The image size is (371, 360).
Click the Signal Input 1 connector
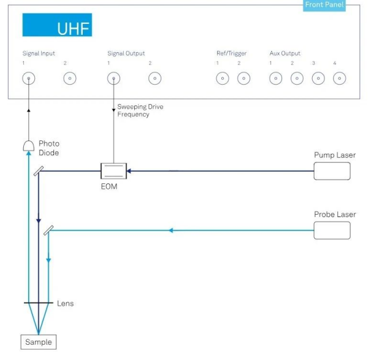click(28, 79)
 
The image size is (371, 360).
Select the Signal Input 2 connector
click(70, 79)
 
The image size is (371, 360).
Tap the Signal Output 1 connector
click(113, 79)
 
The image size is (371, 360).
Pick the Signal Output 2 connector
click(155, 79)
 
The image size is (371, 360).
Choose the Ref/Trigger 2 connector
click(243, 79)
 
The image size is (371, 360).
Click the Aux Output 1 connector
click(276, 79)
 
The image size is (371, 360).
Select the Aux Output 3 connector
click(318, 79)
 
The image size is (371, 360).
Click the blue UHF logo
click(57, 25)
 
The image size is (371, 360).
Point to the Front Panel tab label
click(324, 5)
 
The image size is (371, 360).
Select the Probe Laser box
click(332, 230)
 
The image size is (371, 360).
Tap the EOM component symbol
click(113, 170)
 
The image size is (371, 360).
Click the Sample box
click(38, 342)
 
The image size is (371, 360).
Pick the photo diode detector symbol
click(28, 145)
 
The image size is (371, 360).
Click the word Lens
click(65, 304)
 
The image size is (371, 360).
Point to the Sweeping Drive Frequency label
click(140, 110)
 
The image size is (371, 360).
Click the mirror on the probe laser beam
click(48, 231)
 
